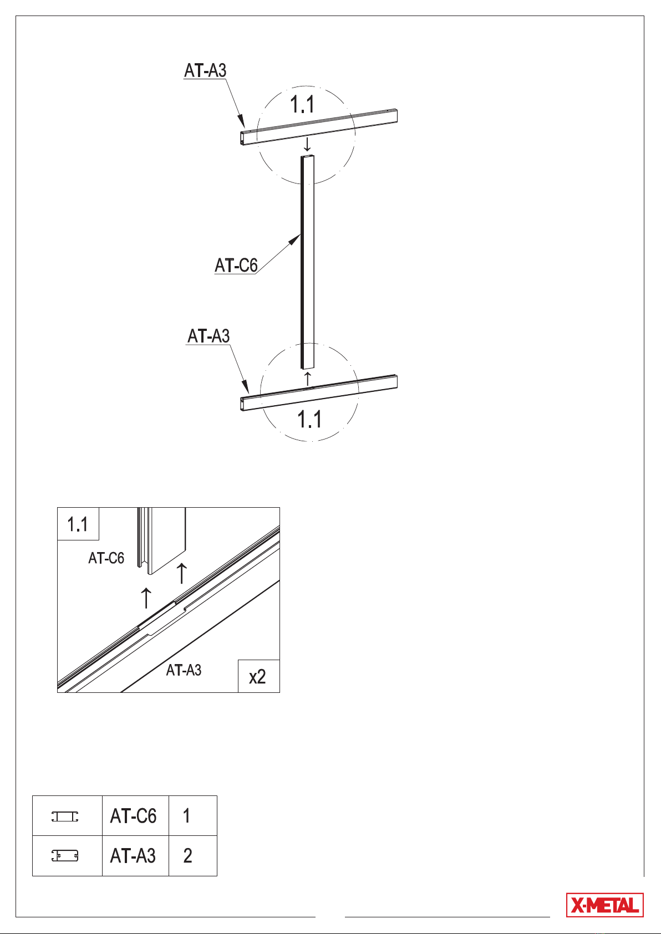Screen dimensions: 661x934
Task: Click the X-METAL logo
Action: [604, 905]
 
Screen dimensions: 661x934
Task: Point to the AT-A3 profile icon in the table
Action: [65, 856]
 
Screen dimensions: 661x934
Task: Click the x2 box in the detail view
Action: [258, 676]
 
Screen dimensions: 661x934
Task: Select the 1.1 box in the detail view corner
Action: [78, 524]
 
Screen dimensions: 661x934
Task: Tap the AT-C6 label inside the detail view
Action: [106, 558]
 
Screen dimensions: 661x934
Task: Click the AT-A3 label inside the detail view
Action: [184, 670]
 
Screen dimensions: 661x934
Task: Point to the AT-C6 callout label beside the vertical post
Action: [236, 265]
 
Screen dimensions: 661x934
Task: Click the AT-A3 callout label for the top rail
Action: [205, 70]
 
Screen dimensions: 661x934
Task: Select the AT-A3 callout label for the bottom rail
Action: [209, 336]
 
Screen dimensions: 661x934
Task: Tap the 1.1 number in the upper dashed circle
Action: [302, 104]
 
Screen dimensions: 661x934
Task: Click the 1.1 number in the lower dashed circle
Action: [309, 419]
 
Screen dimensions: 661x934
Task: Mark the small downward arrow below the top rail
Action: [307, 144]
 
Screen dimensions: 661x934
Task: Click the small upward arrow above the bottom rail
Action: [308, 379]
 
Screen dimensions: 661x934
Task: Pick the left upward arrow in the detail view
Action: [146, 598]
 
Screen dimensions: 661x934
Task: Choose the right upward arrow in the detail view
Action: [182, 573]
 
